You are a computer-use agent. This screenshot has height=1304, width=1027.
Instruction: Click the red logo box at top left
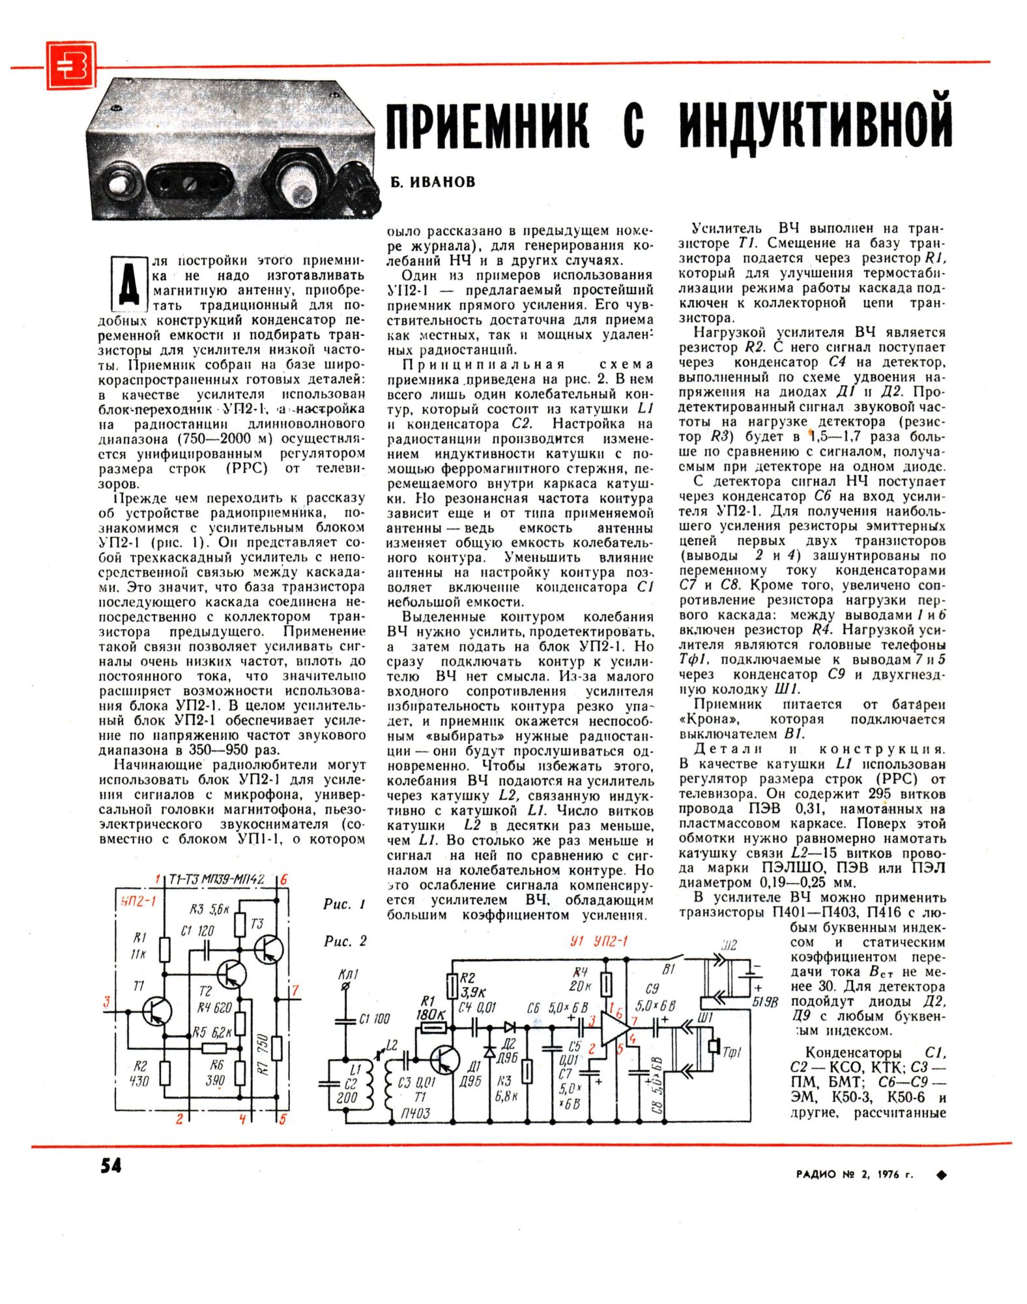(70, 65)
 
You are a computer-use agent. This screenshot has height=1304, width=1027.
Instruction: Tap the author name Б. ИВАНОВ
(433, 182)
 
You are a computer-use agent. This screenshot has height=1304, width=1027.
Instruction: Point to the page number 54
(111, 1165)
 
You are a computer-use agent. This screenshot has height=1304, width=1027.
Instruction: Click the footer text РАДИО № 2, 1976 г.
(854, 1174)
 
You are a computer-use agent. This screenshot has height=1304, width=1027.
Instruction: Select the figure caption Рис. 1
(344, 904)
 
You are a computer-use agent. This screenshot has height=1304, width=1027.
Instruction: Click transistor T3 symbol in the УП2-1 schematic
(268, 949)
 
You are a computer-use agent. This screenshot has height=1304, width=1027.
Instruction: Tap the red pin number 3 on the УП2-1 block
(106, 1002)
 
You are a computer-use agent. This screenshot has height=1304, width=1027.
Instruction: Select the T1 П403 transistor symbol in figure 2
(445, 1059)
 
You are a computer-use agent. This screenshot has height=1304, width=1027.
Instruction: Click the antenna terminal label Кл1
(348, 975)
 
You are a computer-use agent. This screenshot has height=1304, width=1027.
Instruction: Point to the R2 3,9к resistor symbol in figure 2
(452, 986)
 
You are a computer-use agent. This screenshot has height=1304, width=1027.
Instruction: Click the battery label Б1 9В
(765, 1001)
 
